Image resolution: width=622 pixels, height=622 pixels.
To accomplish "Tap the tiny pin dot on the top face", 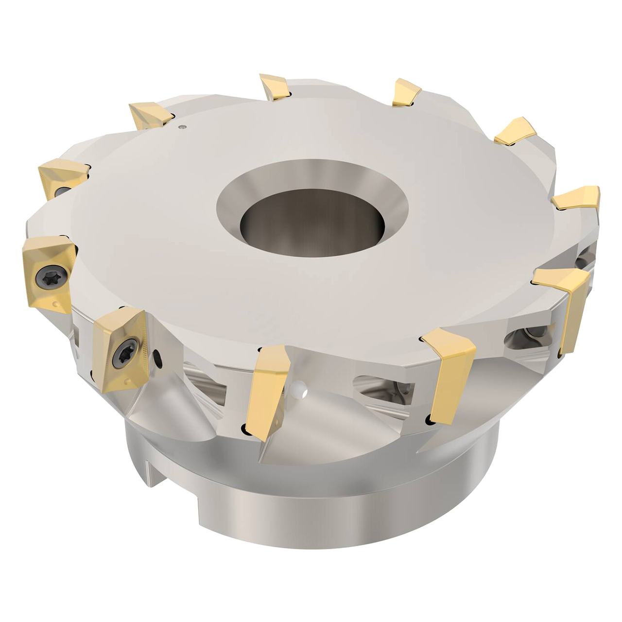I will coord(182,127).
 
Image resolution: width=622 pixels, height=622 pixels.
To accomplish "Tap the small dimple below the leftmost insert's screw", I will coord(57,304).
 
